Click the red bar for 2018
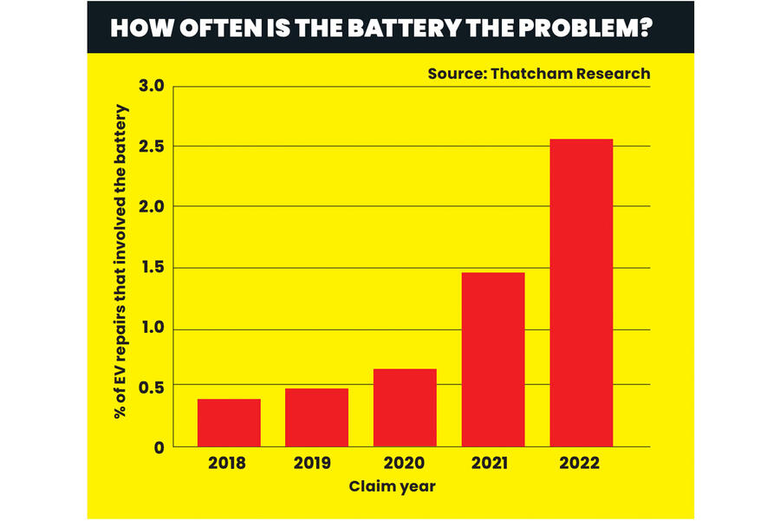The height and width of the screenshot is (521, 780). point(229,422)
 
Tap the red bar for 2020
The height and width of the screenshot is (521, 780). point(405,407)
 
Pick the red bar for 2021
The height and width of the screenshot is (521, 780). point(493,359)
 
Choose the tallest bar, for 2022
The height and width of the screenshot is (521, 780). point(582,292)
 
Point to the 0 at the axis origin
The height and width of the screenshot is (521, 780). point(159,447)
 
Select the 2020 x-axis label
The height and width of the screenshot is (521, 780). point(405,464)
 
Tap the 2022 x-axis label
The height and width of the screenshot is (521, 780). point(581,464)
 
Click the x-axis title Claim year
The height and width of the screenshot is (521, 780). point(392,485)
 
